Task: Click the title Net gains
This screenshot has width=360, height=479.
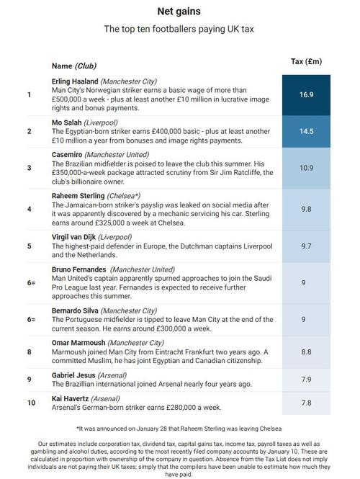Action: click(179, 12)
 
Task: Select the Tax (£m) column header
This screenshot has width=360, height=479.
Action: click(306, 61)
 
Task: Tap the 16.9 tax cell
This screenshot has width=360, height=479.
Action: click(306, 94)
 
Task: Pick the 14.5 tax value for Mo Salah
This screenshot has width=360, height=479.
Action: click(306, 131)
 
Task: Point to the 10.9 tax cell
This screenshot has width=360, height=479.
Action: click(306, 168)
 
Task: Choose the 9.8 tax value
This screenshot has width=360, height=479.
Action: click(306, 209)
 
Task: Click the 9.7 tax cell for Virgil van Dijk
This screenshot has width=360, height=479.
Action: click(306, 246)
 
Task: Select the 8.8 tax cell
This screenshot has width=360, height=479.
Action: click(306, 352)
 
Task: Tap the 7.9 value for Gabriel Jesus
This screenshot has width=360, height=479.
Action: click(306, 380)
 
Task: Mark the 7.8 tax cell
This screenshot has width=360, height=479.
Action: click(306, 402)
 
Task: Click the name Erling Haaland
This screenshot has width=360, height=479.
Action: click(75, 81)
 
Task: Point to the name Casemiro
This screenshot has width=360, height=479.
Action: click(67, 154)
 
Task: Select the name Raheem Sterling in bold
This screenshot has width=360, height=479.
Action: click(78, 195)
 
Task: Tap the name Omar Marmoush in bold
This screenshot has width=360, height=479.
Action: click(78, 343)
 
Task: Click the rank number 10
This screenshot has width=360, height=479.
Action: click(31, 402)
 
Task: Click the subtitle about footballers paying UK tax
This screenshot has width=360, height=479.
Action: click(179, 30)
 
